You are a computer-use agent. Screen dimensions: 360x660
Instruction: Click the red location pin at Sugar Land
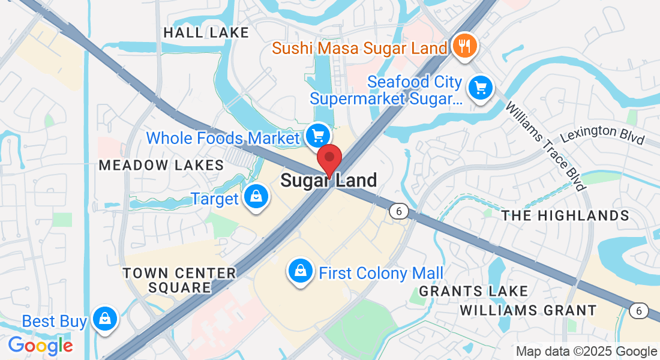point(329,158)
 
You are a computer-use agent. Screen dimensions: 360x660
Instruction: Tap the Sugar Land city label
point(329,180)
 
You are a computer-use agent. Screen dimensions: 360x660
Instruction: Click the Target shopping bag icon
point(256,197)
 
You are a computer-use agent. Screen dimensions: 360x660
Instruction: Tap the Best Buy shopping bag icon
point(105,319)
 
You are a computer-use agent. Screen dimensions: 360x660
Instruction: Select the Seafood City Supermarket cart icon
point(480,88)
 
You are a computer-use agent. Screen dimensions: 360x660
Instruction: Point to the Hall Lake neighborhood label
point(206,32)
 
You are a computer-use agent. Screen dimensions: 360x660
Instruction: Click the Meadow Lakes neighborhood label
point(161,165)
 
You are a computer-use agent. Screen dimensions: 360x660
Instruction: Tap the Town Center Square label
point(179,280)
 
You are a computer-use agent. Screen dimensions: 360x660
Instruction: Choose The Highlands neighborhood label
point(565,215)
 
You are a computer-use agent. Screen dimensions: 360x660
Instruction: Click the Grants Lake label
point(473,292)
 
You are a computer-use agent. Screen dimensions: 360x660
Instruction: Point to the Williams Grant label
point(528,310)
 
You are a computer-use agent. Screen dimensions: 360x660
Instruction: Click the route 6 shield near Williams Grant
point(640,310)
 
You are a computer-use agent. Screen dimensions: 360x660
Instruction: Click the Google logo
point(40,346)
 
